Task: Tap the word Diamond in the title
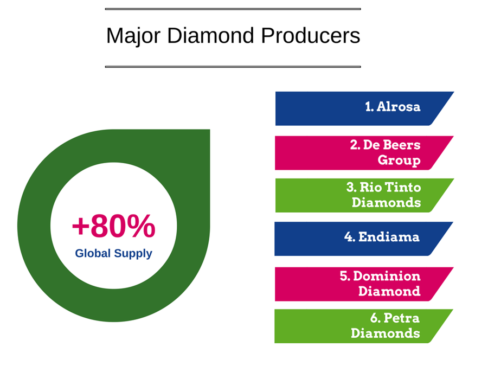point(211,35)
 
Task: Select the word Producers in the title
point(311,35)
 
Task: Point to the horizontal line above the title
point(233,9)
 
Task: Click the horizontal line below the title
point(233,67)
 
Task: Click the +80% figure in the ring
point(114,226)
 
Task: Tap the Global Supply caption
point(114,254)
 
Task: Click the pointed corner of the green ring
point(209,130)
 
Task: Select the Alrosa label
point(393,107)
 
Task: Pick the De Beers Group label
point(386,152)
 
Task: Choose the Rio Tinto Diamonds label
point(384,195)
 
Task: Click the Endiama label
point(382,237)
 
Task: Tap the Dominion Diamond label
point(380,284)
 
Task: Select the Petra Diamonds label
point(386,326)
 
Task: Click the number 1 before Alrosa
point(369,107)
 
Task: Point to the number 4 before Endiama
point(349,237)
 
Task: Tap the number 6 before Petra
point(374,318)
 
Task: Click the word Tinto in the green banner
point(403,188)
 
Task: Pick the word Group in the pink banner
point(399,160)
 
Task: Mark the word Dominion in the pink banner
point(387,276)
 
